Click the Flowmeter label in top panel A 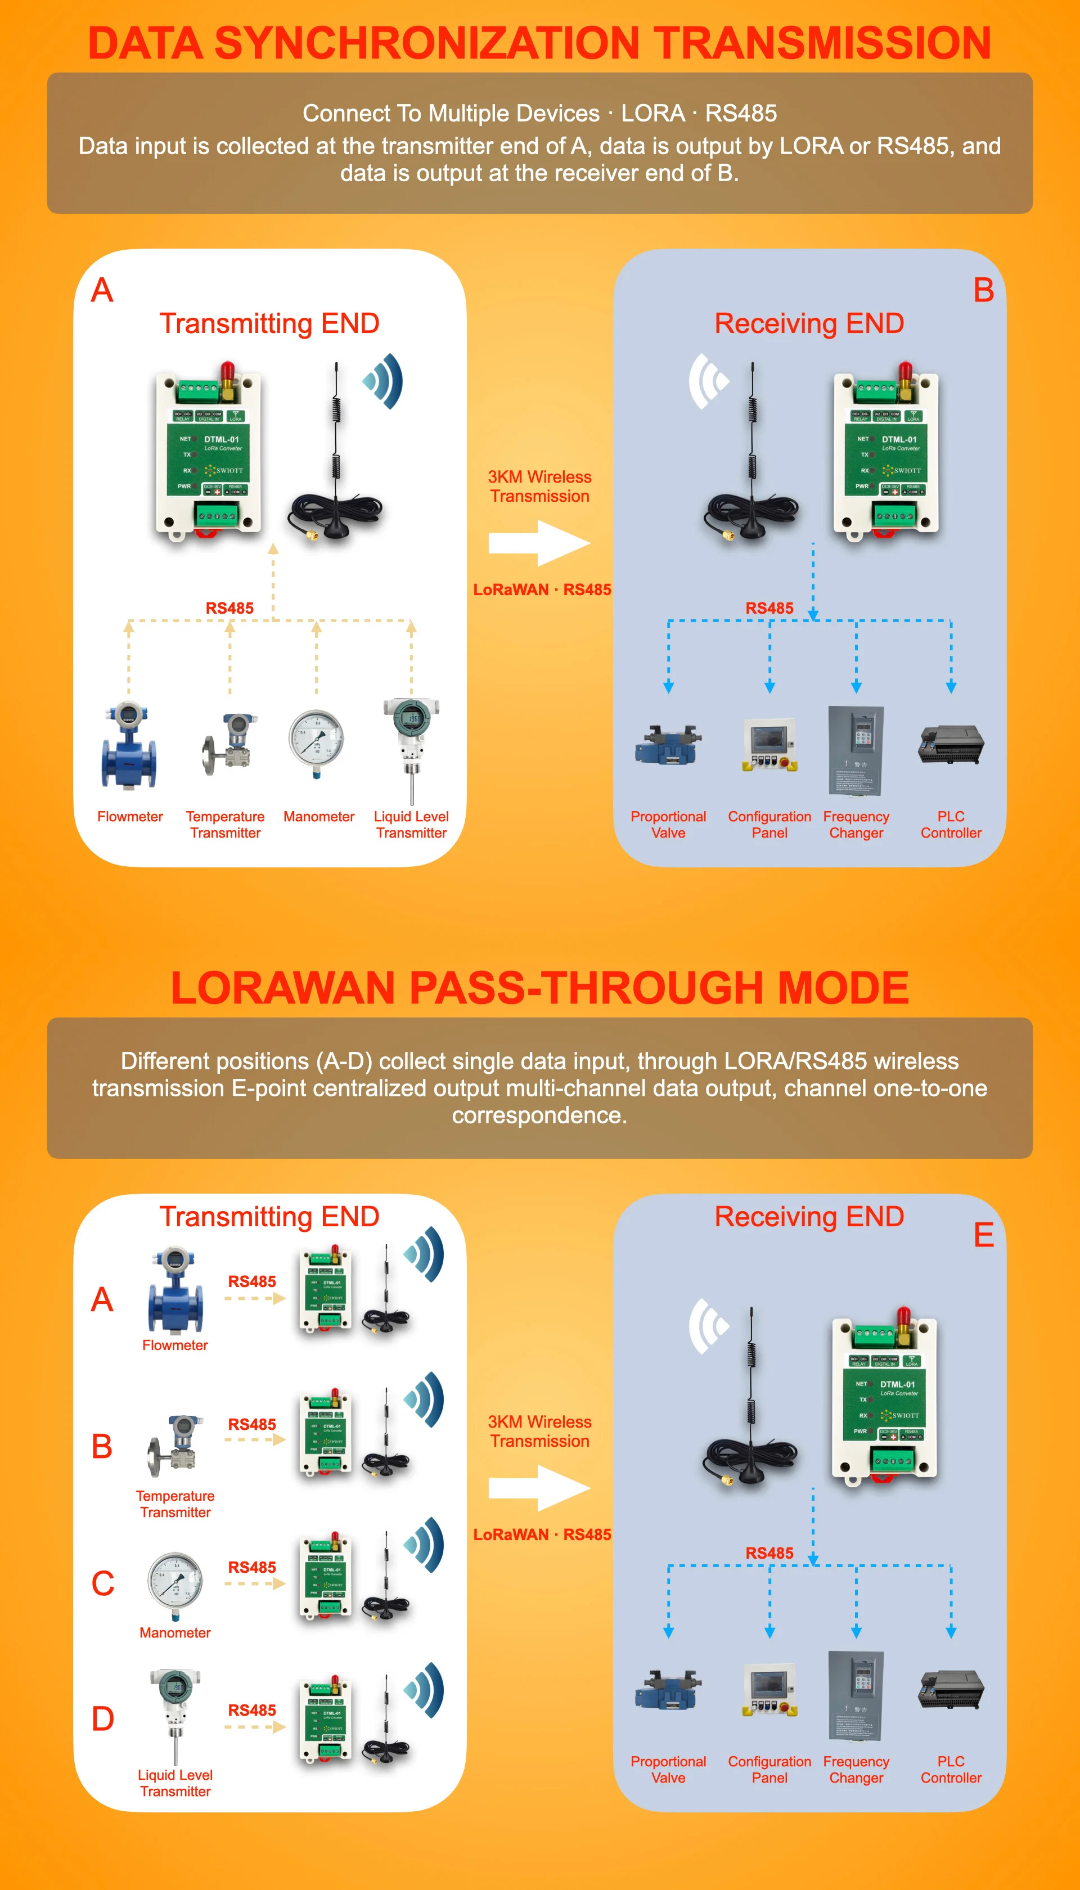(x=130, y=816)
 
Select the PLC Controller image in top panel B (x=951, y=745)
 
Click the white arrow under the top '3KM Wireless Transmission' (x=539, y=543)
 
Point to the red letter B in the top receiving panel (x=984, y=290)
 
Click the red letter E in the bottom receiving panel (x=984, y=1235)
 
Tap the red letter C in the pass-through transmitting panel (x=102, y=1583)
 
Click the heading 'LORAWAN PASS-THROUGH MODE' (x=539, y=987)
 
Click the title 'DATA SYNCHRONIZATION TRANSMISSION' (x=539, y=42)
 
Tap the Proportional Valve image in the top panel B (x=668, y=745)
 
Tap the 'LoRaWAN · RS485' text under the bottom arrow (x=542, y=1534)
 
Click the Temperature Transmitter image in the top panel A (x=228, y=745)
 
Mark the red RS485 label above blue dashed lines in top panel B (x=769, y=607)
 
